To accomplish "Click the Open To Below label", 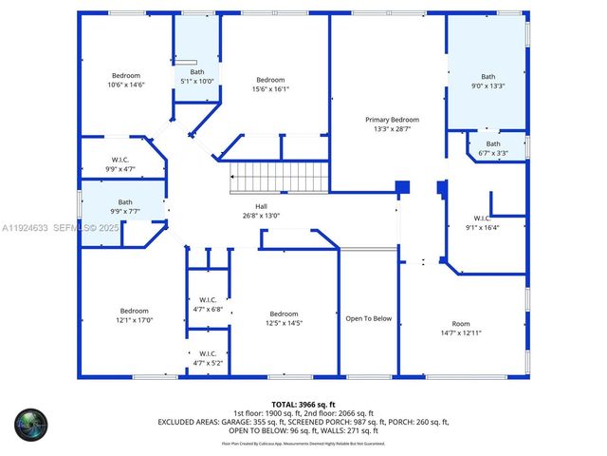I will coord(368,319).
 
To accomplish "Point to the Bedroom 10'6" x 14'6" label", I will coord(126,81).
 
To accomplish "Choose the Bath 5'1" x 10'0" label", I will coord(196,77).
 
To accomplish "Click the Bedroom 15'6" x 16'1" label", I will coord(270,85).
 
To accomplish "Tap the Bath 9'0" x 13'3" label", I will coord(487,82).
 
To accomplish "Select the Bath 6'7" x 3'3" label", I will coord(494,148).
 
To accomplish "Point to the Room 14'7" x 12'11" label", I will coord(461,329).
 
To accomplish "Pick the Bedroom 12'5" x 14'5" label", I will coord(284,319).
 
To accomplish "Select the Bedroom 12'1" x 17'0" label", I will coord(134,315).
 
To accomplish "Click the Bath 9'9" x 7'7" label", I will coord(125,206).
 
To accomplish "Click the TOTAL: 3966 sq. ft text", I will coord(303,405).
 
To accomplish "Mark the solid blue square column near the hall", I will coord(401,187).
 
